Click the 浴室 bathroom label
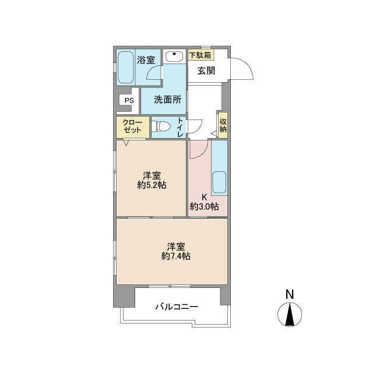146,60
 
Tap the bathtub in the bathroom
125,67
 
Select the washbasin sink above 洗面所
174,57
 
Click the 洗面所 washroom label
167,100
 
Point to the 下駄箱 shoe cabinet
200,55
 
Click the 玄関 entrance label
206,71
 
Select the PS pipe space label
129,100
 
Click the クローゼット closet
133,127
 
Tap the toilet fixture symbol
161,126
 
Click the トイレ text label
180,127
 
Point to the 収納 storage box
223,125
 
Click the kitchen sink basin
219,182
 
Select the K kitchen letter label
204,197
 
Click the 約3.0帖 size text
204,206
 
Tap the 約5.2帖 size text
152,185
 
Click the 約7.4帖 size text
175,256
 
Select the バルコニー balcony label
177,307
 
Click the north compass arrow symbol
290,315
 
